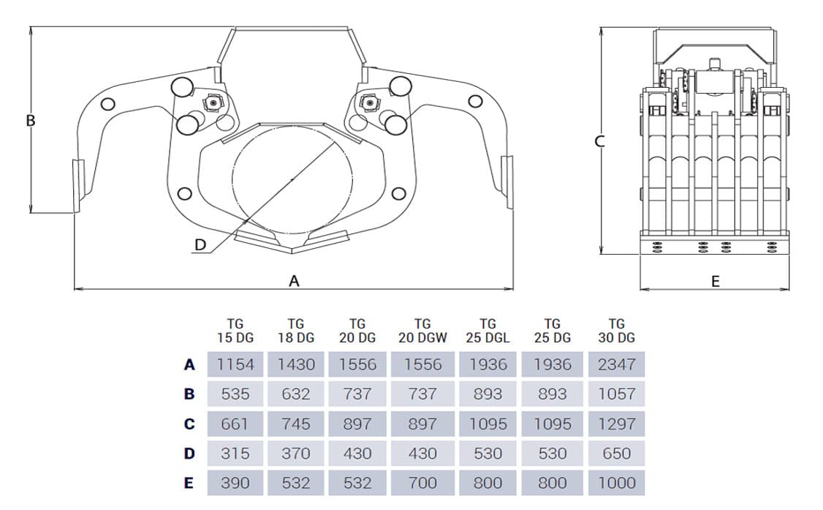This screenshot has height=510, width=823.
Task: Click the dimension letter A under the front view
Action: tap(295, 281)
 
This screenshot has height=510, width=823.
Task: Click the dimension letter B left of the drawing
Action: tap(31, 121)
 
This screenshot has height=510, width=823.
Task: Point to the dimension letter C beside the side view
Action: tap(600, 141)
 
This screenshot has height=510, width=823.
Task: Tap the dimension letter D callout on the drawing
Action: tap(200, 245)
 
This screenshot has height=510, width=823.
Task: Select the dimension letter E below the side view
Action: tap(715, 281)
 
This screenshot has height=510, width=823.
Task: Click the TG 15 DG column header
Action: tap(235, 331)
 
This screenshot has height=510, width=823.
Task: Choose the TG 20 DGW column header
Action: tap(422, 331)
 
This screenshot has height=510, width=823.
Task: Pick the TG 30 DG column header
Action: tap(616, 331)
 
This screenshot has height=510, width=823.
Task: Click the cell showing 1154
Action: tap(235, 364)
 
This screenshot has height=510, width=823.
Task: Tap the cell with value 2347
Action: tap(616, 364)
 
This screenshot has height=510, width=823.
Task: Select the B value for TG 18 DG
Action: tap(295, 394)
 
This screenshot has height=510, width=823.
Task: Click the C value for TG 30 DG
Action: tap(616, 424)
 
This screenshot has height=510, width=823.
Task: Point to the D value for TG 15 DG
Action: tap(235, 454)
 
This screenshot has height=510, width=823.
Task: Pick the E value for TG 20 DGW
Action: tap(422, 483)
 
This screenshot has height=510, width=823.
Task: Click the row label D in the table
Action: tap(189, 454)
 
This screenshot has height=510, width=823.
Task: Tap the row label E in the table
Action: tap(189, 483)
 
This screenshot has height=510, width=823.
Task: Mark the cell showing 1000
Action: tap(616, 483)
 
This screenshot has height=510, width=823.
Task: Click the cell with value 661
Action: tap(235, 424)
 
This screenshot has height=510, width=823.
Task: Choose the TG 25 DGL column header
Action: tap(488, 331)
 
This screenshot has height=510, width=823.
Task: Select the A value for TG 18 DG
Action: tap(295, 364)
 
